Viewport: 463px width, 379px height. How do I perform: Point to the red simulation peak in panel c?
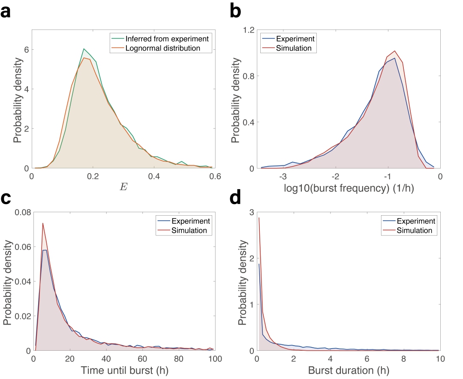(43, 223)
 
